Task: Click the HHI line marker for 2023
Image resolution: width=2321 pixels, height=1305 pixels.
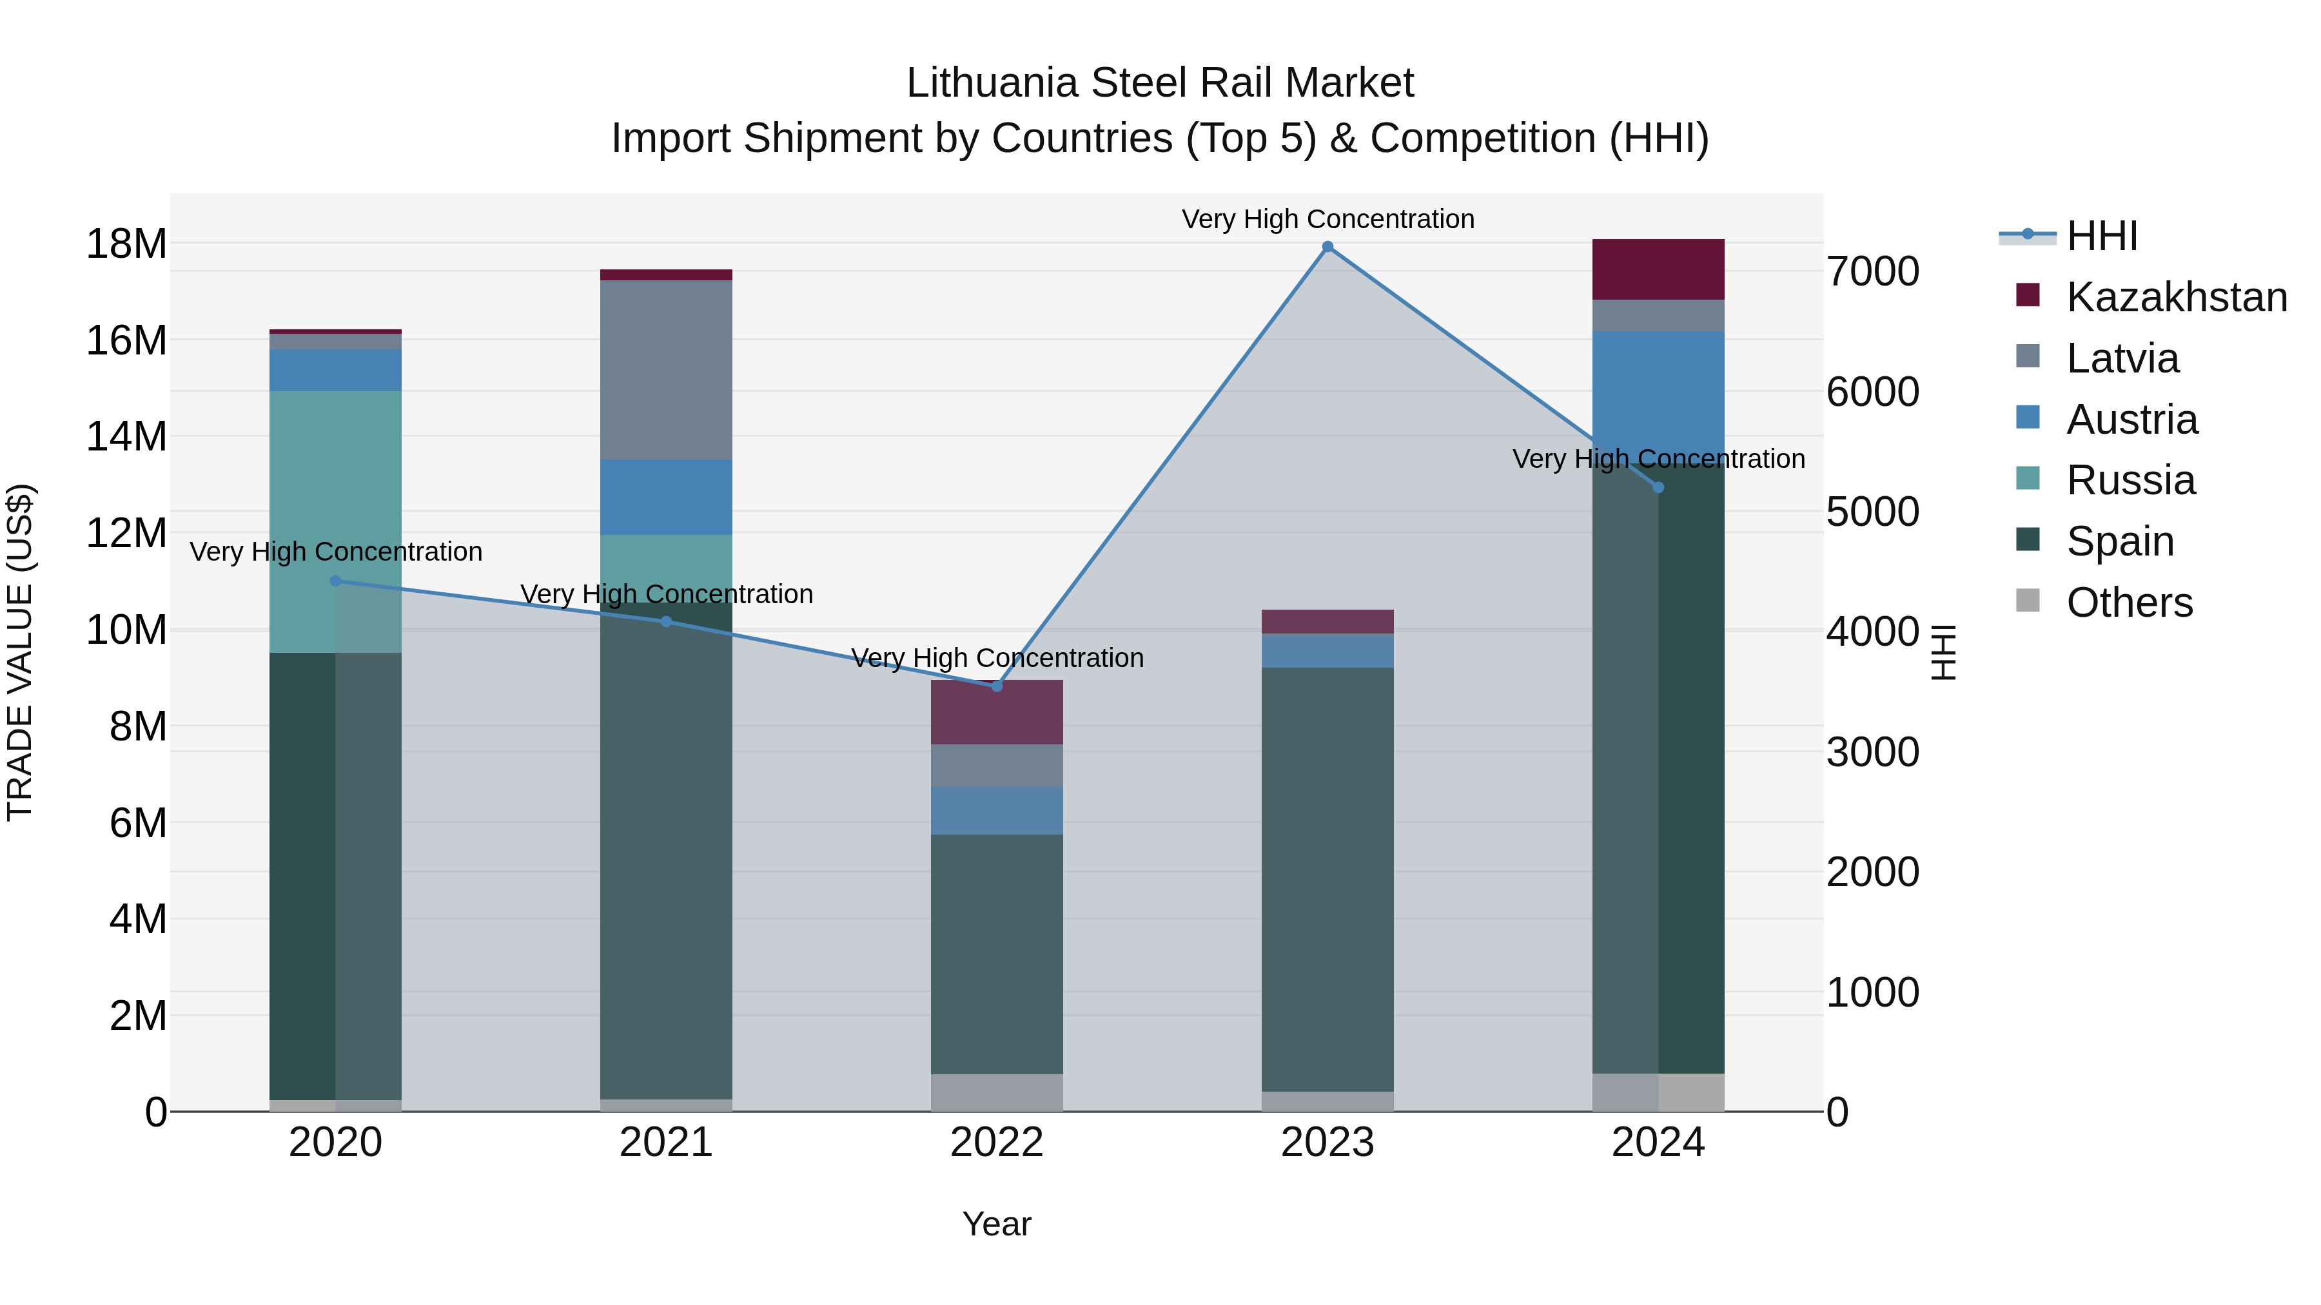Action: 1327,247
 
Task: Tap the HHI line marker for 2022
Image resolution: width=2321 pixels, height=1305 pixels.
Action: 997,686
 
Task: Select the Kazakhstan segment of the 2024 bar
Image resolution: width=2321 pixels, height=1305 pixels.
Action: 1658,269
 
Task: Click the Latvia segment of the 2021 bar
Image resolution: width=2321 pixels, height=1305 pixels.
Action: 666,369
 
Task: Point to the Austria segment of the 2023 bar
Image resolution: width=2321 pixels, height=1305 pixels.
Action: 1327,650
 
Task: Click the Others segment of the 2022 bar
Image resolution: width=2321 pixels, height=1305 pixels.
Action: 997,1092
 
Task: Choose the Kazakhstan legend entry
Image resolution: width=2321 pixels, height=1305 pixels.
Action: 2176,297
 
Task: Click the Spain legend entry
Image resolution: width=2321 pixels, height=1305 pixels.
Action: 2119,541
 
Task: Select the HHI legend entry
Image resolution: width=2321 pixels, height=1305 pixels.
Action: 2101,236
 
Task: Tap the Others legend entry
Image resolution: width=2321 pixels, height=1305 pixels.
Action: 2128,603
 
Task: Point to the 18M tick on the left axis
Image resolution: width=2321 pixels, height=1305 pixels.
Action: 126,244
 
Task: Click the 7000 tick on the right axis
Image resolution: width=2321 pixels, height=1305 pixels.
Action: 1872,271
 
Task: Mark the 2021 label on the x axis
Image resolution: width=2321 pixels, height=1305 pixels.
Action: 666,1143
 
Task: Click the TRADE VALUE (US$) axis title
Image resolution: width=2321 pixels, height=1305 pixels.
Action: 21,652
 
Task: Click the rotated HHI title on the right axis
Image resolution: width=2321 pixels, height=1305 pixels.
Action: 1943,652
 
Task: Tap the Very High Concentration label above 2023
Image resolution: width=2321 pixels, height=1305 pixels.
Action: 1327,219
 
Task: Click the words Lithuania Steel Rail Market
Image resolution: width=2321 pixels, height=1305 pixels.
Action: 1160,83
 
